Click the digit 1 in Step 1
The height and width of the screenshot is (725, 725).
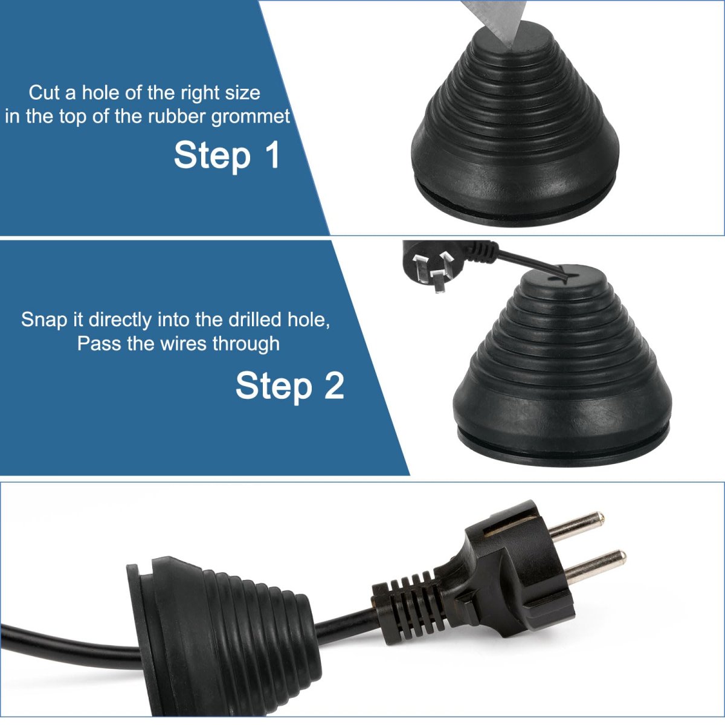coord(272,155)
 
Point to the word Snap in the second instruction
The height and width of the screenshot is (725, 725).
coord(44,320)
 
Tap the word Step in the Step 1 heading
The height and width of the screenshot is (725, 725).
coord(212,156)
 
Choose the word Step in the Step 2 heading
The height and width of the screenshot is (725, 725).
coord(274,387)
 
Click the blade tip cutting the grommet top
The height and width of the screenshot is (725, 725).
coord(511,47)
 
